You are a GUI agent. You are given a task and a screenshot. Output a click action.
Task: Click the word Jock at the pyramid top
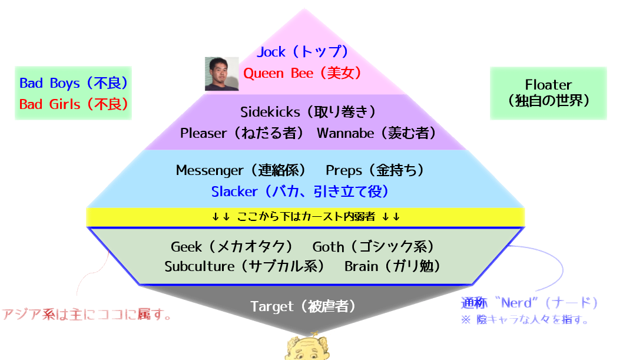271,52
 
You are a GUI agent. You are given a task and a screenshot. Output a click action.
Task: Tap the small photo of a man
221,74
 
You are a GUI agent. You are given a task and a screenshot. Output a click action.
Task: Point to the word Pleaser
203,133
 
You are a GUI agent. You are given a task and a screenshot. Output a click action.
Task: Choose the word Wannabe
345,133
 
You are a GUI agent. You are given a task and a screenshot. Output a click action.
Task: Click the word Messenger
209,170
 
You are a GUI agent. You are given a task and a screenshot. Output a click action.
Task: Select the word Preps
344,170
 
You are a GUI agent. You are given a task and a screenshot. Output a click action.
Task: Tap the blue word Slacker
234,191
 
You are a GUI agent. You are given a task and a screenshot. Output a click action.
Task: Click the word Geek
187,246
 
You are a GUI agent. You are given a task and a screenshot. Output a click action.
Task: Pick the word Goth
328,246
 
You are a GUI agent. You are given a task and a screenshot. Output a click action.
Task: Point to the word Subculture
199,266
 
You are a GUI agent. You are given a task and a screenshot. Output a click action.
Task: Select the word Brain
361,266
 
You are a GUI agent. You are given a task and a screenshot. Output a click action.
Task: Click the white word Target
272,306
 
